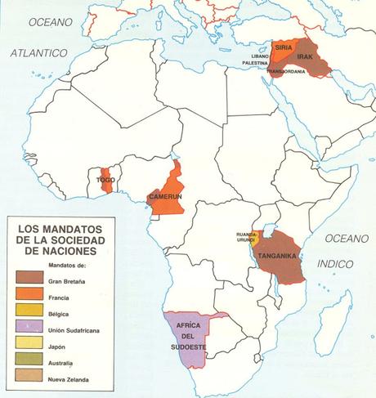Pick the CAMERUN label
165,197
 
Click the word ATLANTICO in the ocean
38,52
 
